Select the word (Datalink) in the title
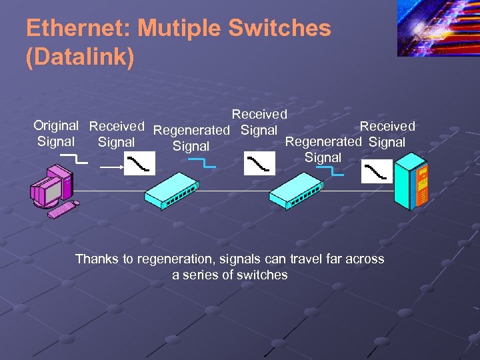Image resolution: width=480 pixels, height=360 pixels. [80, 57]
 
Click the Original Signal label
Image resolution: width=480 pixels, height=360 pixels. [56, 133]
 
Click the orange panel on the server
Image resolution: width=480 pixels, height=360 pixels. [423, 185]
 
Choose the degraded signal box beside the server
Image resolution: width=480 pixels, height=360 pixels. [377, 171]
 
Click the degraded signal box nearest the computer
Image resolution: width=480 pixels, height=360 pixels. [141, 163]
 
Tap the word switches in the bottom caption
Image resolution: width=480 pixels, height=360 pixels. [265, 275]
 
